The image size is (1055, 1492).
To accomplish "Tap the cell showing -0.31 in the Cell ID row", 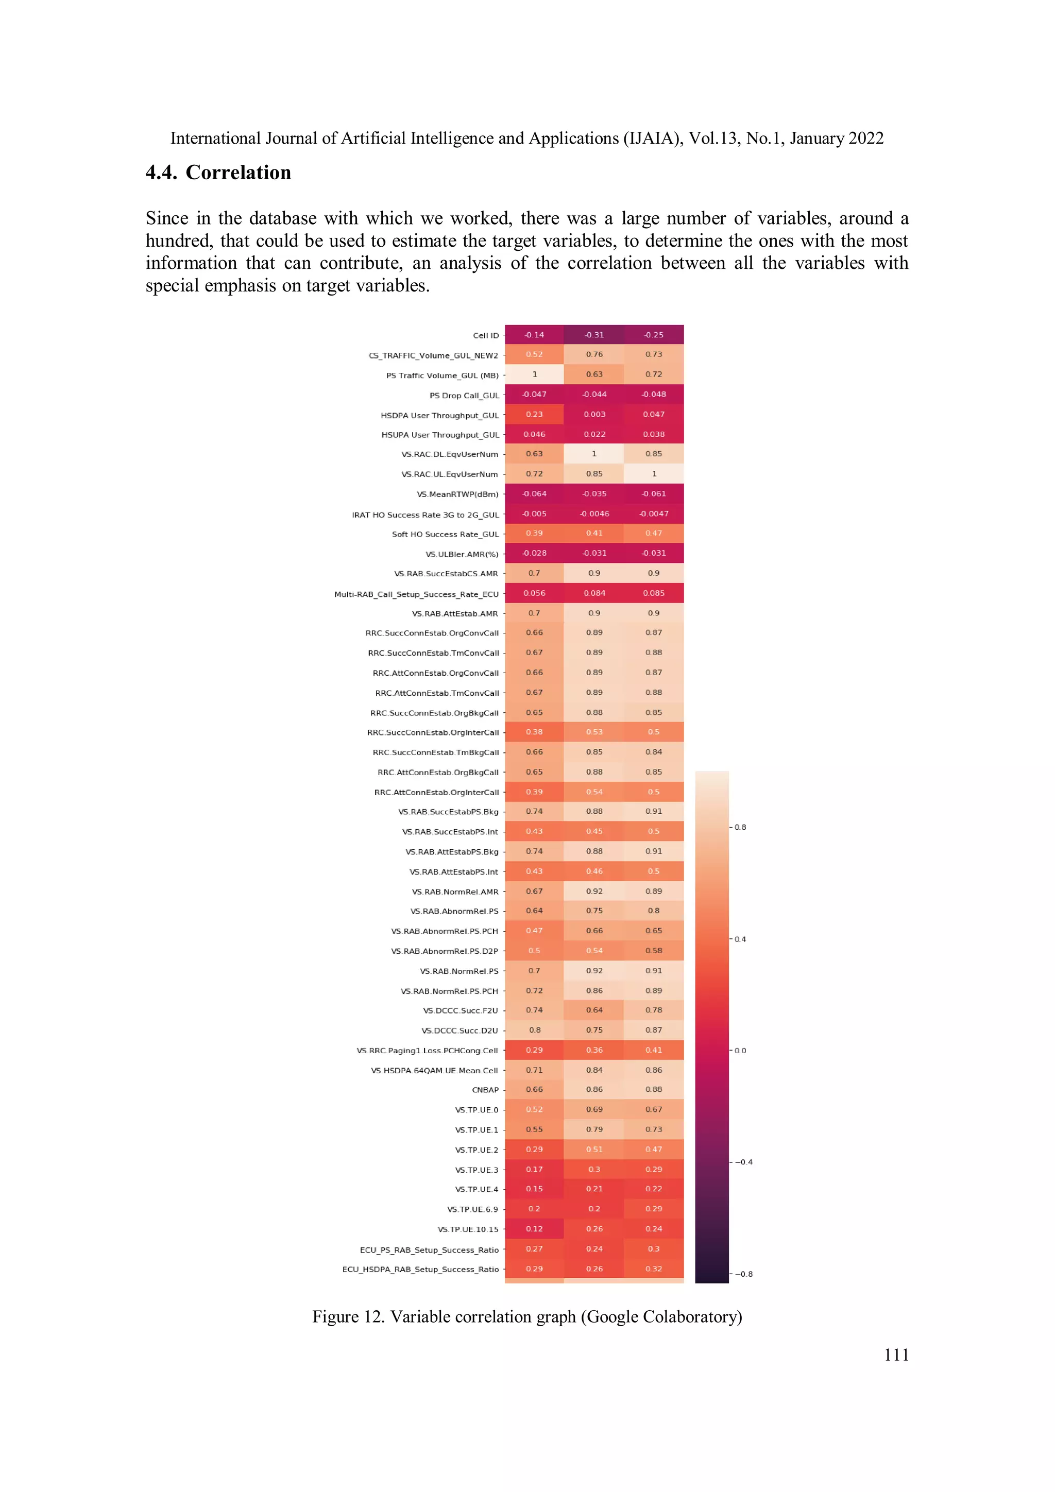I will (593, 335).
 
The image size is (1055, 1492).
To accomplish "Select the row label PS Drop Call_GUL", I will (464, 395).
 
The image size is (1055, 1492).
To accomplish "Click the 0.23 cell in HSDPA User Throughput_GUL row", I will (534, 414).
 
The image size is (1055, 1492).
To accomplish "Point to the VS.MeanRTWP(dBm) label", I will (457, 494).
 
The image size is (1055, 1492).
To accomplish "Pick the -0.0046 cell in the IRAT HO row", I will (593, 513).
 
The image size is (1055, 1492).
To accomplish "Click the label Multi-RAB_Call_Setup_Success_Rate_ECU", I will (416, 594).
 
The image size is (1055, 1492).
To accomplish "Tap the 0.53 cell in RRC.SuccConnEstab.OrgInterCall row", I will (593, 732).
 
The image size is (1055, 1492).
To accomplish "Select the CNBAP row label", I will (485, 1090).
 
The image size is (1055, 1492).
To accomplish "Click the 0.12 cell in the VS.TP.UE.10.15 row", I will (534, 1229).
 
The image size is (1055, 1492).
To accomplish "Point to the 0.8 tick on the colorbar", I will (740, 827).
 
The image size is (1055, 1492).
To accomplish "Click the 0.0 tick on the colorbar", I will (740, 1050).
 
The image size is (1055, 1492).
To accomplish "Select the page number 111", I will (896, 1354).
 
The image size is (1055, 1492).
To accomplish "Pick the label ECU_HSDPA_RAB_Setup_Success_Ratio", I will (420, 1269).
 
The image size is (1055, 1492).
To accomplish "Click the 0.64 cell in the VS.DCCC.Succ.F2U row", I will (593, 1010).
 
